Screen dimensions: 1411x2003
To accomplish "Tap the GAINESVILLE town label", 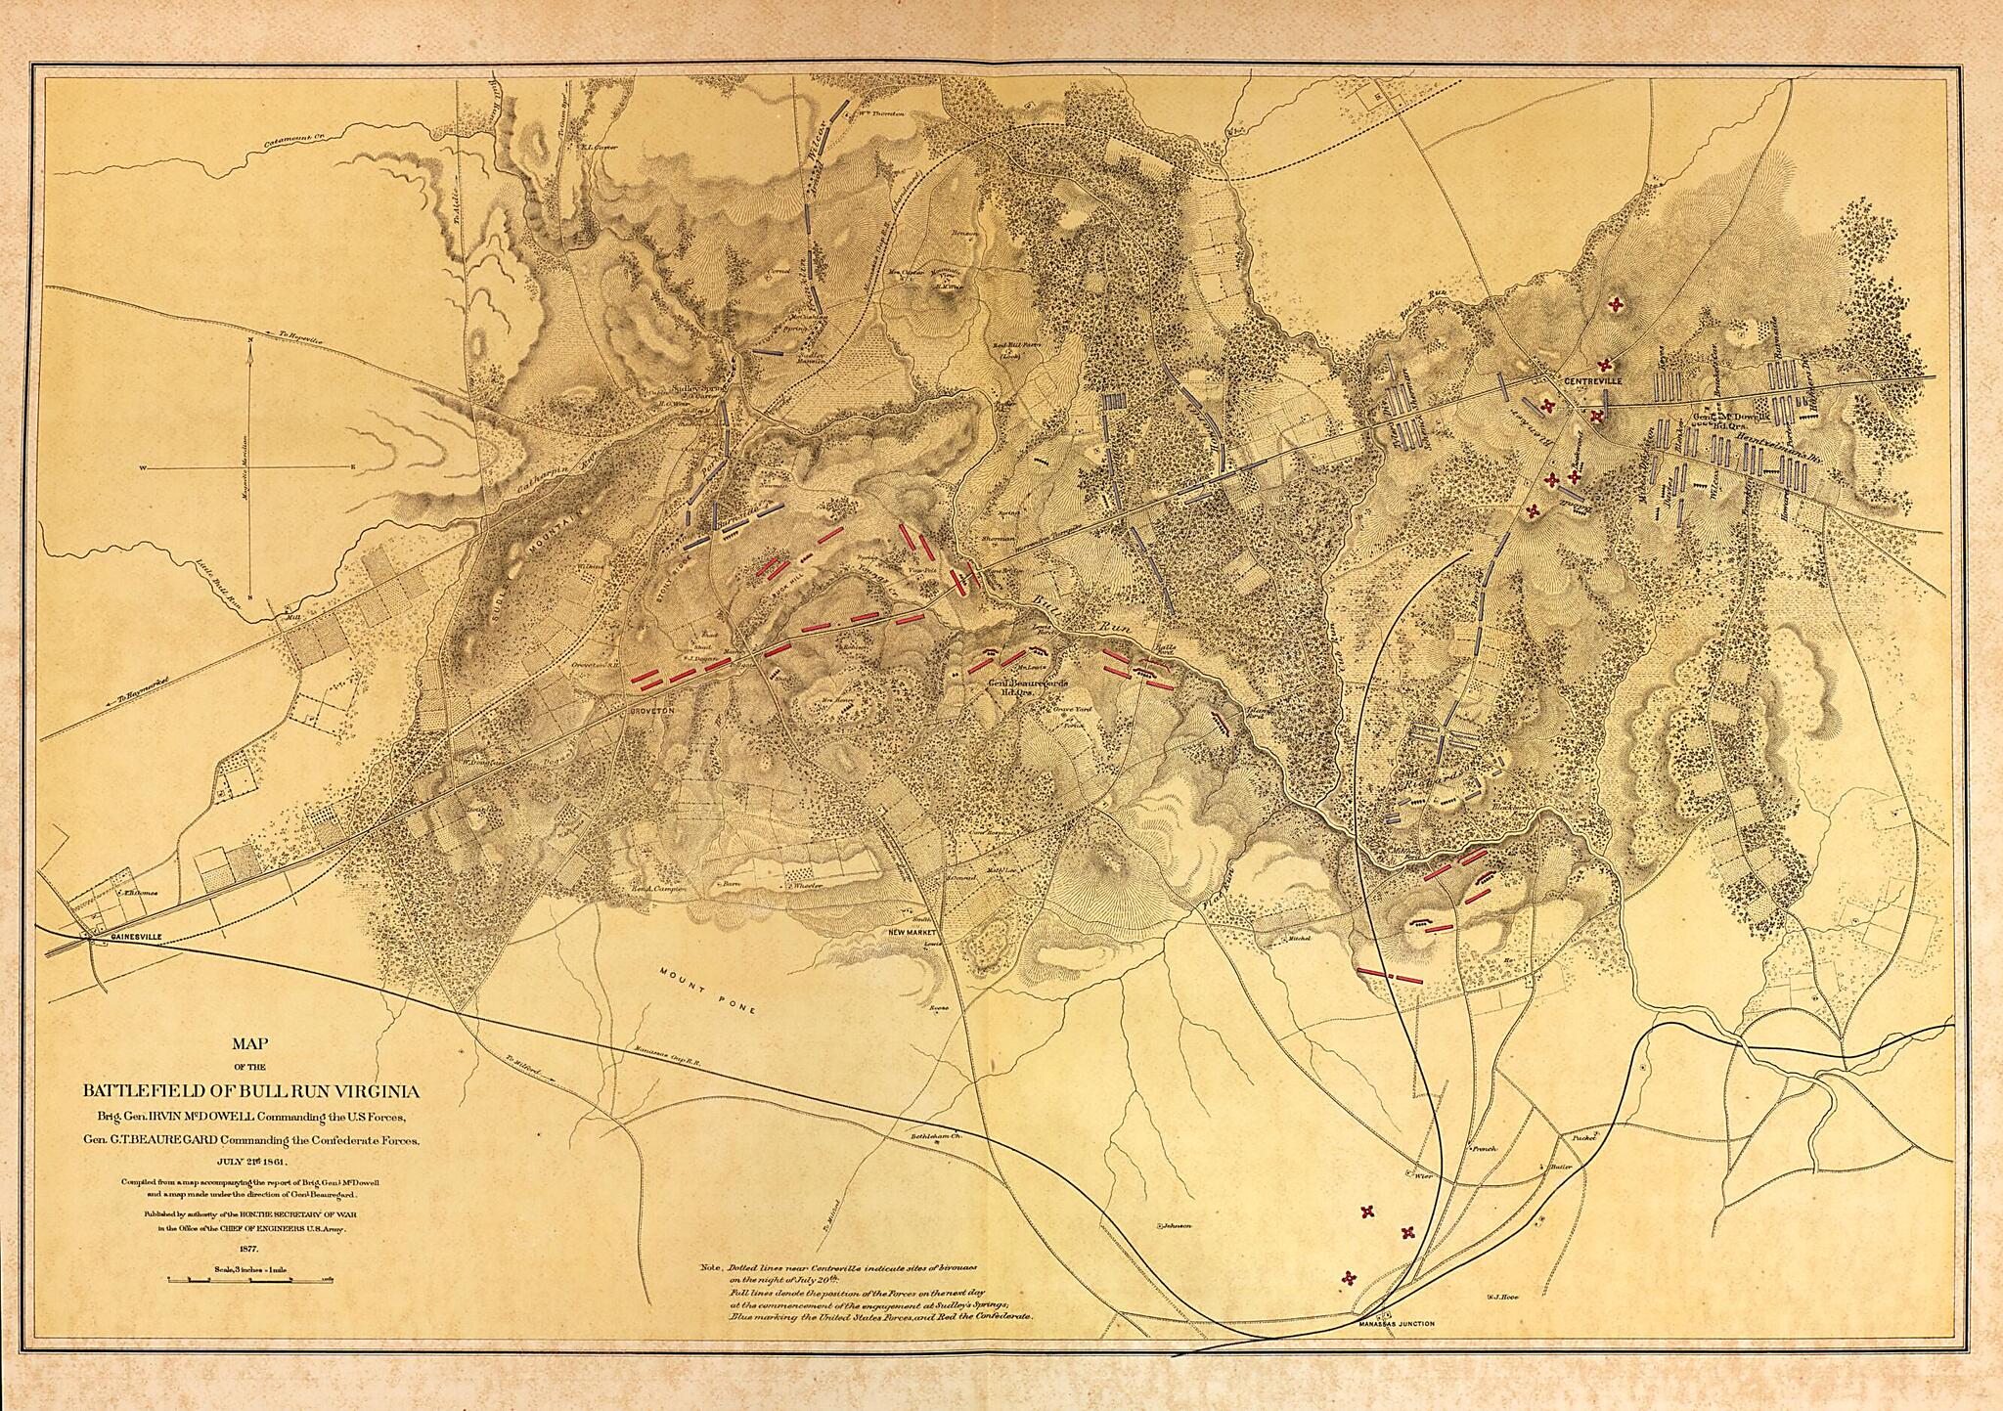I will tap(122, 936).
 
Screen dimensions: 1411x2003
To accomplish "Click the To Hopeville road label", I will tap(297, 337).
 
